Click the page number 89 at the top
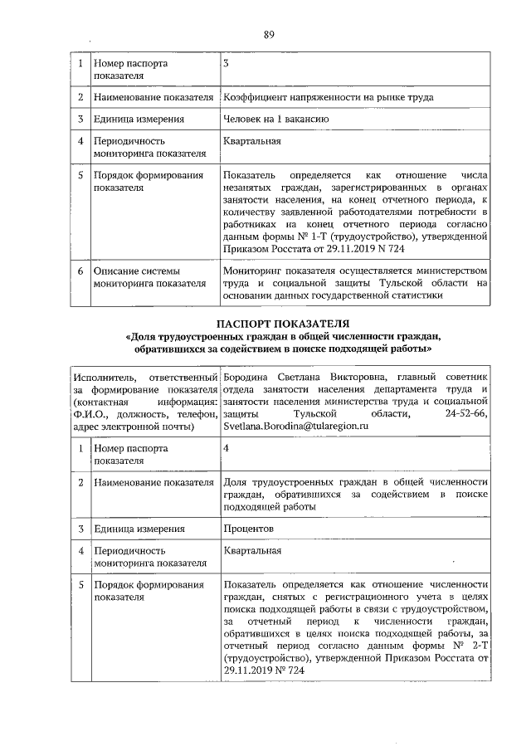tap(269, 34)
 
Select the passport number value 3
tap(227, 63)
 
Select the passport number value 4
tap(227, 448)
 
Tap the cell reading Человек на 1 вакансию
tap(276, 119)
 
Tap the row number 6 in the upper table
tap(80, 271)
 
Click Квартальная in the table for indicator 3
tap(252, 140)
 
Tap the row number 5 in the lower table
tap(80, 584)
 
